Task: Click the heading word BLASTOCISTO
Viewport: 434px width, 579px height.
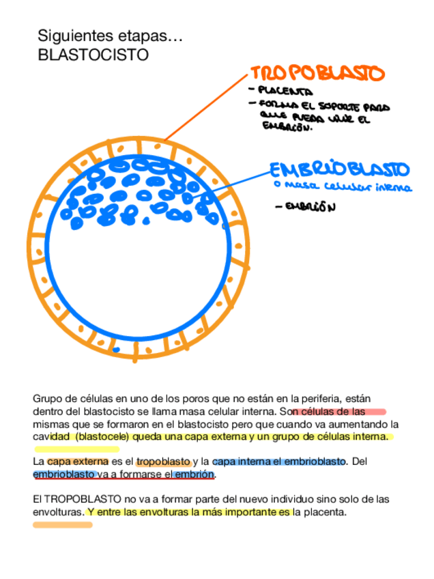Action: click(93, 55)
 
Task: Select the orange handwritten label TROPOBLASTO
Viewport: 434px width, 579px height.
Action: click(317, 73)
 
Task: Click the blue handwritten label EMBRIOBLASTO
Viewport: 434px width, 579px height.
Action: click(339, 170)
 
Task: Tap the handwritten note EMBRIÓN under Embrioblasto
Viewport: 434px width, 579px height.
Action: click(310, 206)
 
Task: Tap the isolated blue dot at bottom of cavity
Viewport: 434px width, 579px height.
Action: click(116, 350)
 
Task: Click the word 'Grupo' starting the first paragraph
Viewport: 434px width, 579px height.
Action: click(46, 398)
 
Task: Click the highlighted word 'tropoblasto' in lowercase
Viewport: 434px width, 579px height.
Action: click(163, 462)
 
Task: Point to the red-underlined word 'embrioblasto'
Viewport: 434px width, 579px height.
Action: click(64, 474)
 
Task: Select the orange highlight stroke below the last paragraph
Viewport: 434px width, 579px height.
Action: click(62, 525)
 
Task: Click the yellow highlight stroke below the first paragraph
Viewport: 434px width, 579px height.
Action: click(76, 449)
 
